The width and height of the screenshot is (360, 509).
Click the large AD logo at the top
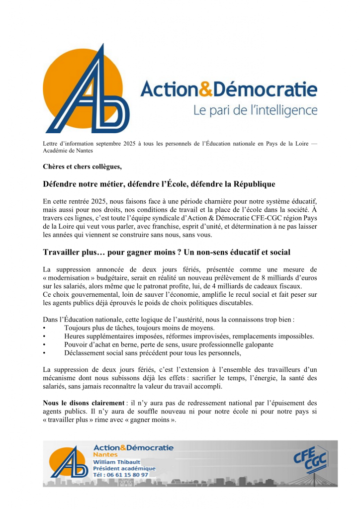point(88,89)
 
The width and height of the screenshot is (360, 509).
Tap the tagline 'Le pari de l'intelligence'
point(255,109)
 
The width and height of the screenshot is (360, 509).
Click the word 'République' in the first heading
point(250,184)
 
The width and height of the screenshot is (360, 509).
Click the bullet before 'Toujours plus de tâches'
point(45,328)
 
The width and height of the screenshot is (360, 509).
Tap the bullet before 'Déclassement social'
point(45,353)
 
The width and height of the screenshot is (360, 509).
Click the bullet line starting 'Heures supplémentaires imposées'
point(189,337)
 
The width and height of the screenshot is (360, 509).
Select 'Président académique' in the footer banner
point(124,468)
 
